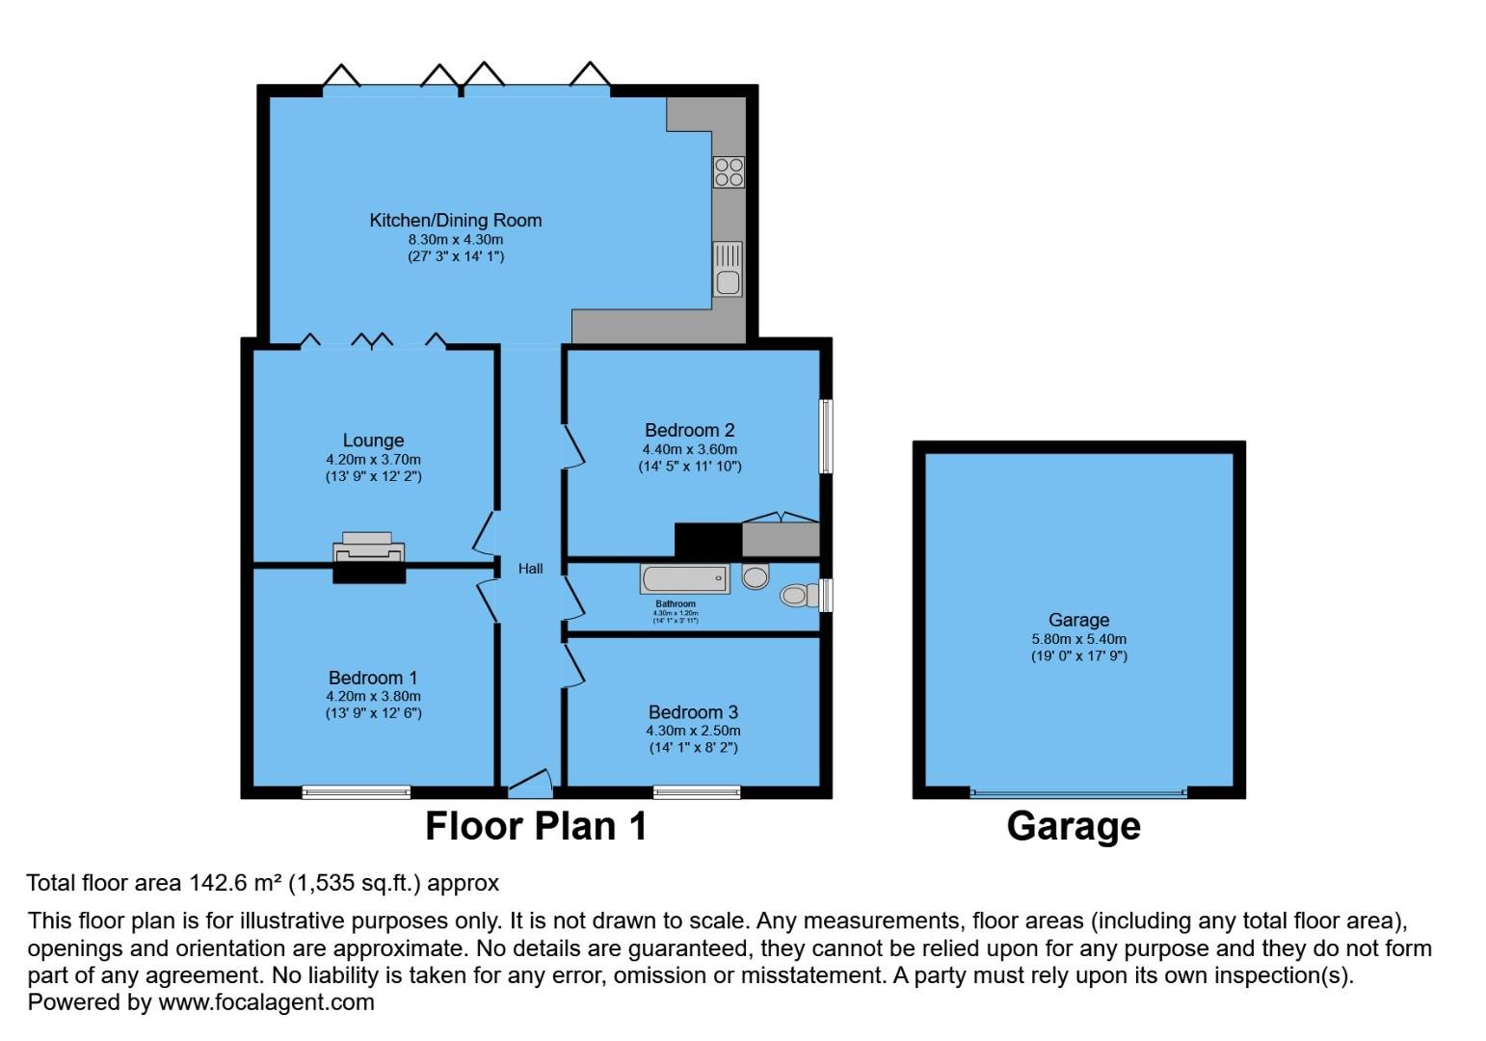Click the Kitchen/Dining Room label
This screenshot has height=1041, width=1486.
[455, 220]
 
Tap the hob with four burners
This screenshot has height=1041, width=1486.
[729, 172]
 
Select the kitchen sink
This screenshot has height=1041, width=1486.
[728, 269]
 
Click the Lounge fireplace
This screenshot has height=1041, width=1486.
[368, 553]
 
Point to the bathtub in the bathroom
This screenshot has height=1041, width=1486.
[684, 578]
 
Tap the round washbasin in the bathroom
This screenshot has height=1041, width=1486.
[756, 576]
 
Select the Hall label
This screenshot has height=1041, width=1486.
[530, 569]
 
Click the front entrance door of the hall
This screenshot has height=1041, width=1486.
[530, 782]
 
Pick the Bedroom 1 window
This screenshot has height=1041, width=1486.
[356, 792]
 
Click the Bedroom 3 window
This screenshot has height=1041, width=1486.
[697, 792]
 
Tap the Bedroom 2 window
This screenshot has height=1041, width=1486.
[826, 437]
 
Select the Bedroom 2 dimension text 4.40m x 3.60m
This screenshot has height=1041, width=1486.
[689, 449]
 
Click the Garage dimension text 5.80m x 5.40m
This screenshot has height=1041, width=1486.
[1078, 639]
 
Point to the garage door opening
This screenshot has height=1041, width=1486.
[1078, 793]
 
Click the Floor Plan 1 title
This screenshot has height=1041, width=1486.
[536, 826]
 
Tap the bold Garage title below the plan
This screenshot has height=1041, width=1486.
[1074, 826]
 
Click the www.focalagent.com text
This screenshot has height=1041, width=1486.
[266, 1001]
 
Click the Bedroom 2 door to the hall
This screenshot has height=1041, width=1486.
[573, 446]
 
